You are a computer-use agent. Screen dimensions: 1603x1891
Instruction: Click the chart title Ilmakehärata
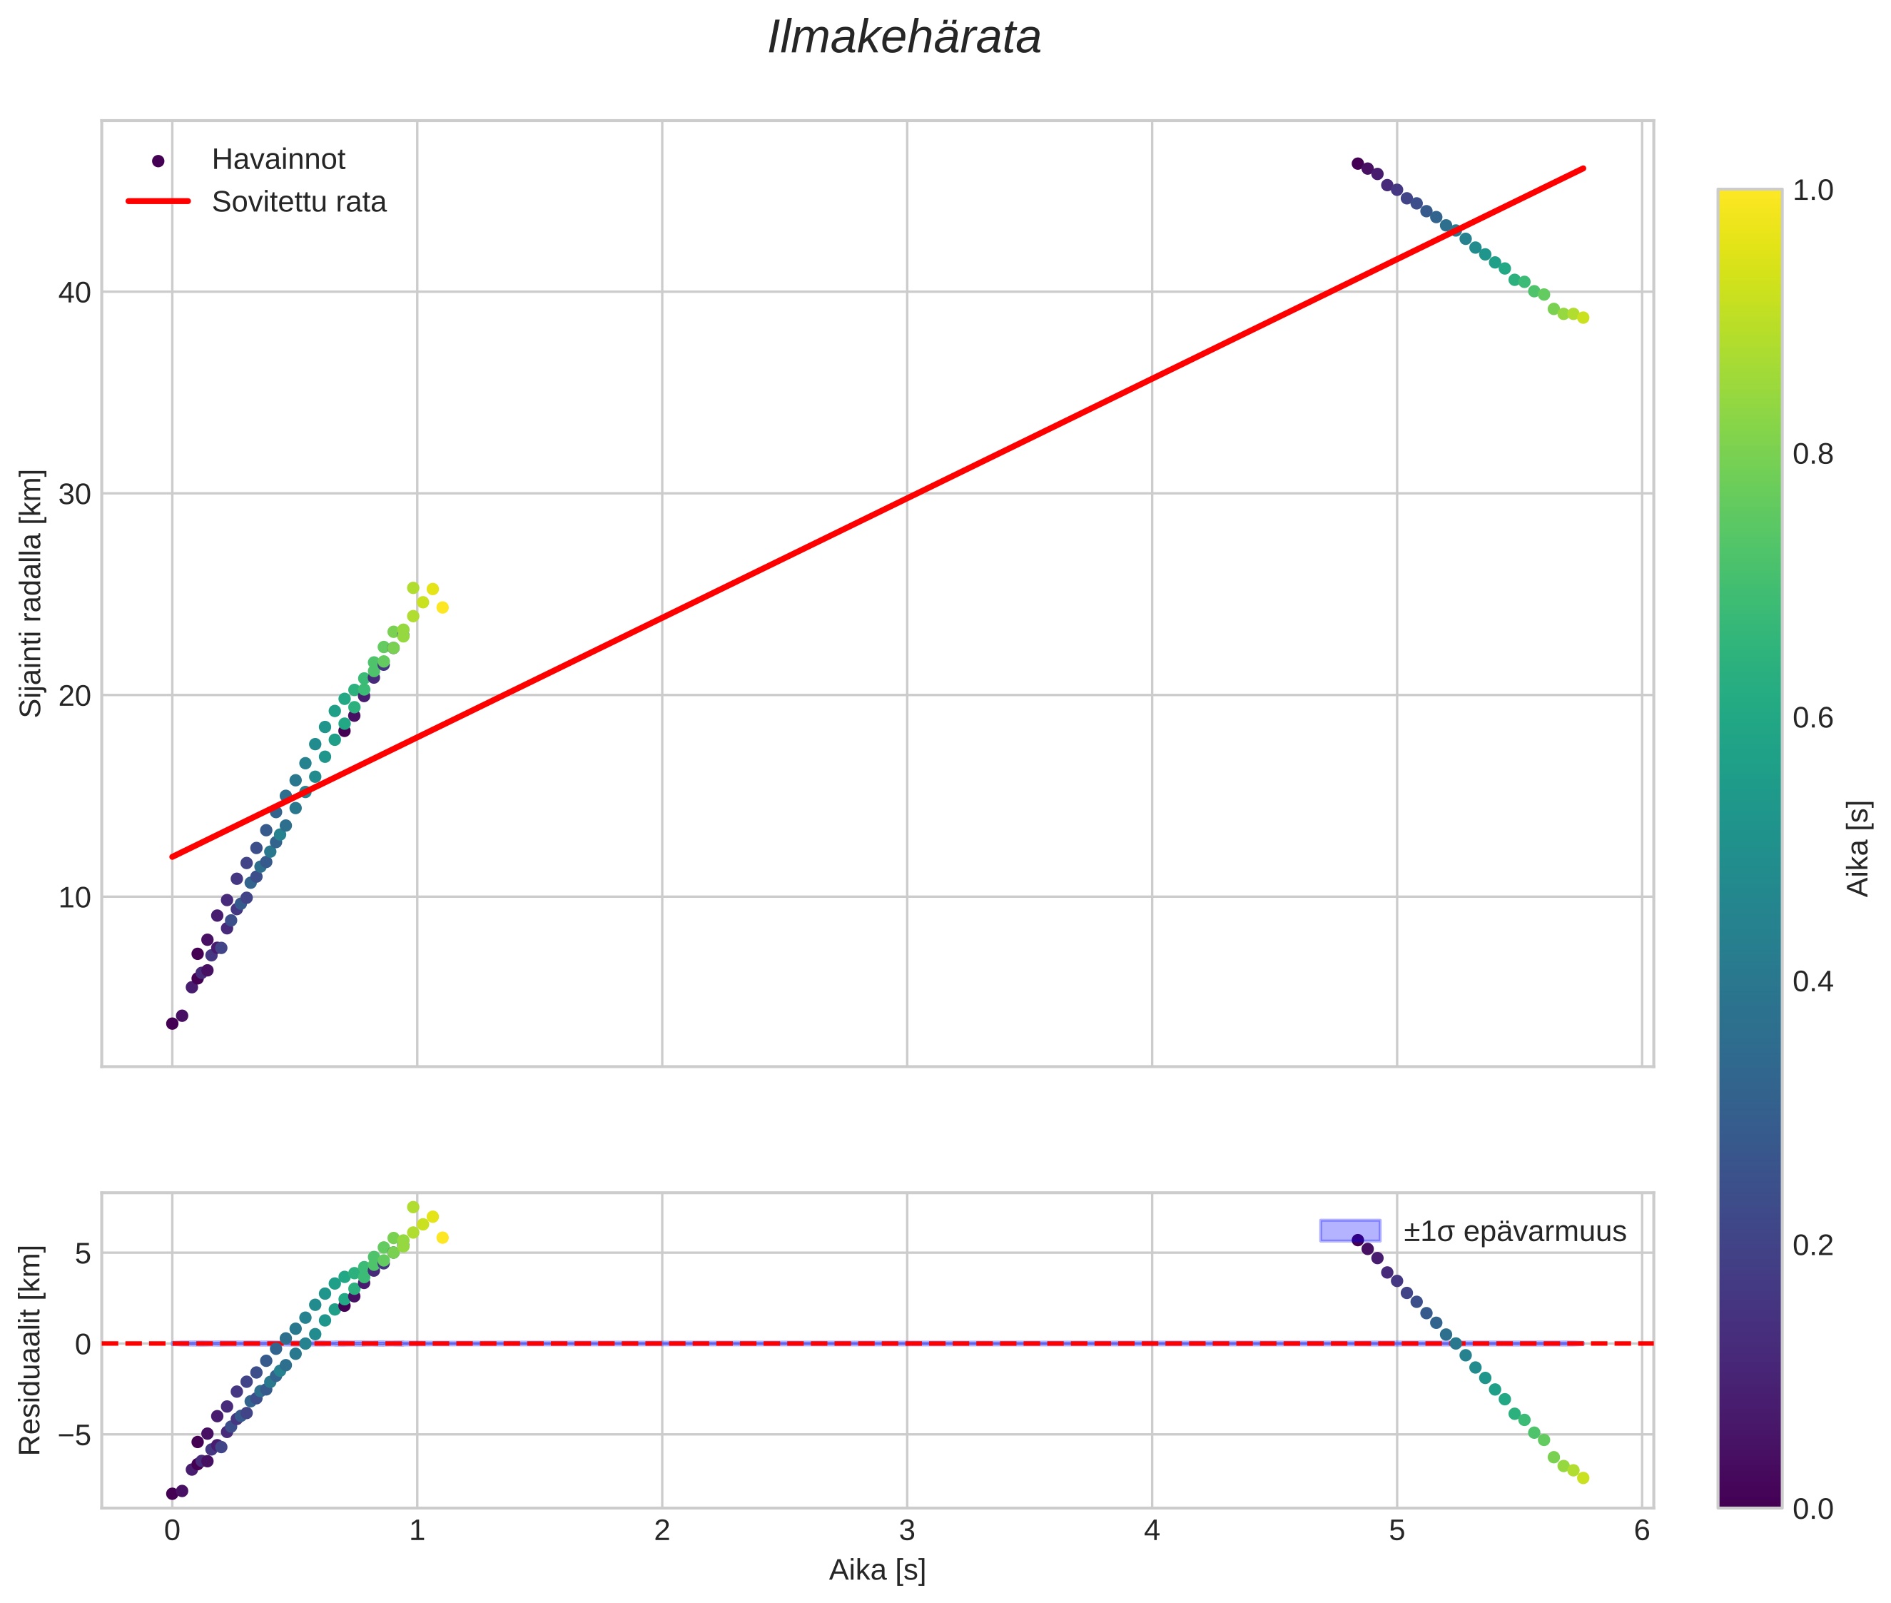click(903, 38)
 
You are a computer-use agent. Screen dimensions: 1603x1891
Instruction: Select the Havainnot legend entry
click(278, 160)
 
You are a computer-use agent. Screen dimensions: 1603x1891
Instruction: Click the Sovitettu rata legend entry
click(299, 202)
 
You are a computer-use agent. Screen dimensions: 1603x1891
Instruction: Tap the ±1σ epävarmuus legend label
click(1514, 1231)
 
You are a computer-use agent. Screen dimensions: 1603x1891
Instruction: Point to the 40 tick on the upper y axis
click(74, 293)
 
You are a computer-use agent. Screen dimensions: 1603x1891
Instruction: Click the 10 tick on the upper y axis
click(74, 898)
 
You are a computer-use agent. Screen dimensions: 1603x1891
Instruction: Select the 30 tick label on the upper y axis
click(74, 495)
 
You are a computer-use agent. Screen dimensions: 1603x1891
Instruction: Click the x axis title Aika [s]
click(877, 1570)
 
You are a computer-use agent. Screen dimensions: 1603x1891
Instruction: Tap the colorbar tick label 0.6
click(1813, 718)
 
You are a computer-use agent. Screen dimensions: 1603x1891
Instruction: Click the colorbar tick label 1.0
click(1813, 190)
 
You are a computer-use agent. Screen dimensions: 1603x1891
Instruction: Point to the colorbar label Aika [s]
click(1859, 848)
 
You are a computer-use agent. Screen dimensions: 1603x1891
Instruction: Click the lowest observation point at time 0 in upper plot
click(172, 1023)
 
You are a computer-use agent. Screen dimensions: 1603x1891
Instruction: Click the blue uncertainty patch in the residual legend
click(1349, 1230)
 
